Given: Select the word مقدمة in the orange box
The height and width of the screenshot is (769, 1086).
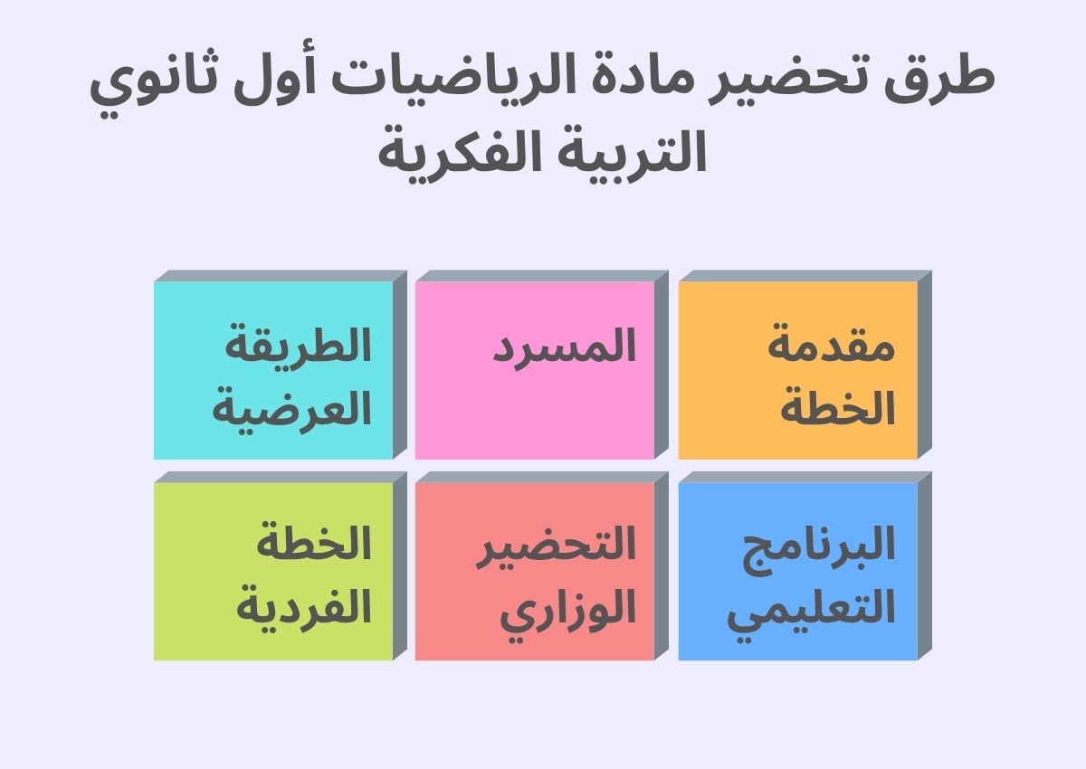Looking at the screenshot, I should click(x=831, y=347).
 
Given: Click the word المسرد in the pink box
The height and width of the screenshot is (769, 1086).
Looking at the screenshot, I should click(x=565, y=347).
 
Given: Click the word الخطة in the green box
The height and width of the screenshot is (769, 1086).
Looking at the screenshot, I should click(x=313, y=544).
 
